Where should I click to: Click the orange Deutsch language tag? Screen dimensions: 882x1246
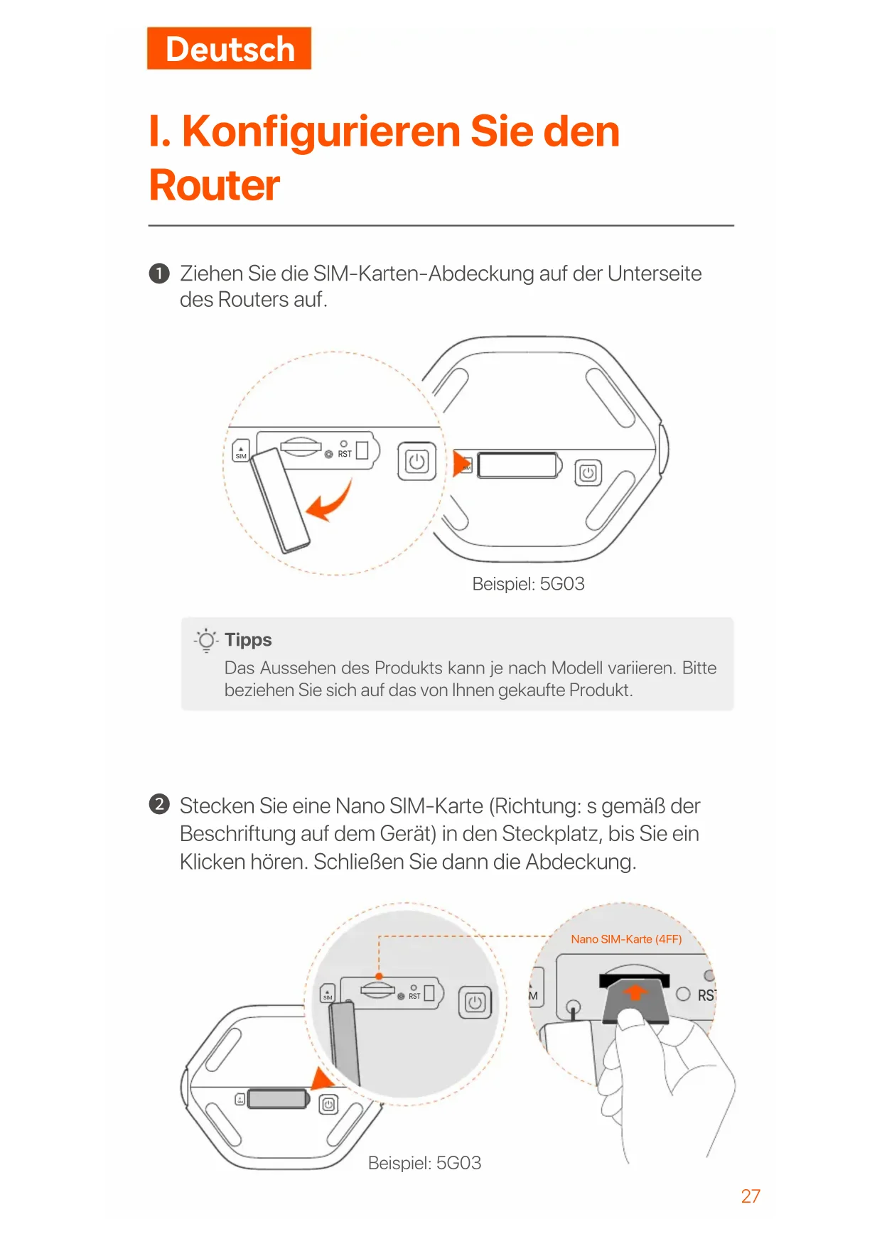pos(229,49)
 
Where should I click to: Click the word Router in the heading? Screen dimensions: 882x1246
pos(214,185)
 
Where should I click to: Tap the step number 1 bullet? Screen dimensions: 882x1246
pos(159,273)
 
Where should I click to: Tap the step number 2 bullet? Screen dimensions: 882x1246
pos(159,804)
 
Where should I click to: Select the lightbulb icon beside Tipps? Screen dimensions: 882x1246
pos(206,640)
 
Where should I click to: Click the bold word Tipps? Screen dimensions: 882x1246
pos(248,640)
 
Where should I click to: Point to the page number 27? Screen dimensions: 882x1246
pos(750,1196)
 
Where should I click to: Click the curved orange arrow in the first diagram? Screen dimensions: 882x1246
pos(331,503)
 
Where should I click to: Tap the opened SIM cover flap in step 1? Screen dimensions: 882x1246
pos(280,500)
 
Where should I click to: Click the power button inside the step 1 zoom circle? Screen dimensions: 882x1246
pos(416,462)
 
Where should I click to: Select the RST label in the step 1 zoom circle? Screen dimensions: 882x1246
pos(345,454)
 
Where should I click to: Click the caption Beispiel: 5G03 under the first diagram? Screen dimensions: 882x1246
pos(528,584)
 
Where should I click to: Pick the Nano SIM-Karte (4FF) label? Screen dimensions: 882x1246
pos(626,939)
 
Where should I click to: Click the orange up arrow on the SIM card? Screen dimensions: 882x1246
pos(635,992)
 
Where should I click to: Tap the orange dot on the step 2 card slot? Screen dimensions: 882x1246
pos(379,976)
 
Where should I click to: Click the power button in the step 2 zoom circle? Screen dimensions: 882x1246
pos(475,1002)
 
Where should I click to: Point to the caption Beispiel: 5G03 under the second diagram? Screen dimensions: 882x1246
pos(424,1163)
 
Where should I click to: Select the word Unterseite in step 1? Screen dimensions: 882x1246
pos(654,273)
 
